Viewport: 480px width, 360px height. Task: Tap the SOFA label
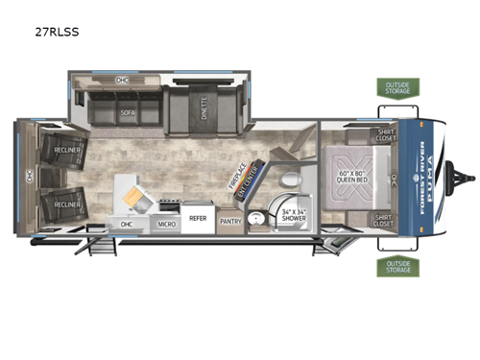[129, 112]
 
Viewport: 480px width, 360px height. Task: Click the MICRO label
[165, 224]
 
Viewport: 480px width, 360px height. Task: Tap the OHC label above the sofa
[121, 80]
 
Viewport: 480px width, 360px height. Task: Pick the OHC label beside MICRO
[127, 225]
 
